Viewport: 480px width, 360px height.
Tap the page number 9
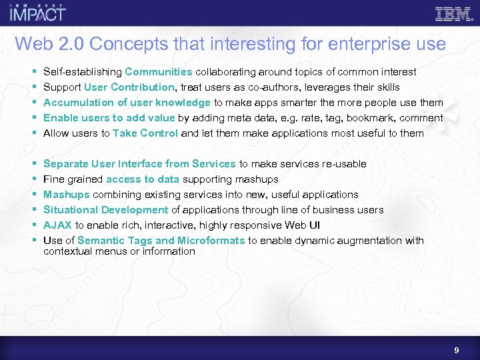456,349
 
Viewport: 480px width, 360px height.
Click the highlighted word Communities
158,71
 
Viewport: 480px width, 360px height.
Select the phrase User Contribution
129,87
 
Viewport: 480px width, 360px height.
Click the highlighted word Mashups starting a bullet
66,194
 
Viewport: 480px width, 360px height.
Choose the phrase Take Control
145,133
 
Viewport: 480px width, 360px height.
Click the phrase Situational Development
105,209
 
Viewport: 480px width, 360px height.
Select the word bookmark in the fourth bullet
375,117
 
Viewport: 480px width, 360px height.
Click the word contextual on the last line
67,251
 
